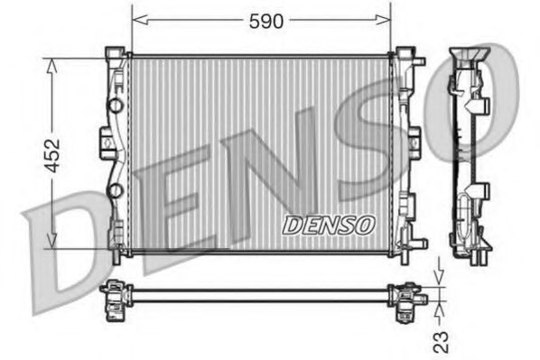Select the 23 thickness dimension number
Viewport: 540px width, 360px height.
click(x=441, y=340)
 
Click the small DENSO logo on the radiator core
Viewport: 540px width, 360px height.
click(x=326, y=225)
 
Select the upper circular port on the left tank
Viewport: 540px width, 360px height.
click(x=115, y=106)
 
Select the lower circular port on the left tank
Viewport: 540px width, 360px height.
click(x=115, y=190)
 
